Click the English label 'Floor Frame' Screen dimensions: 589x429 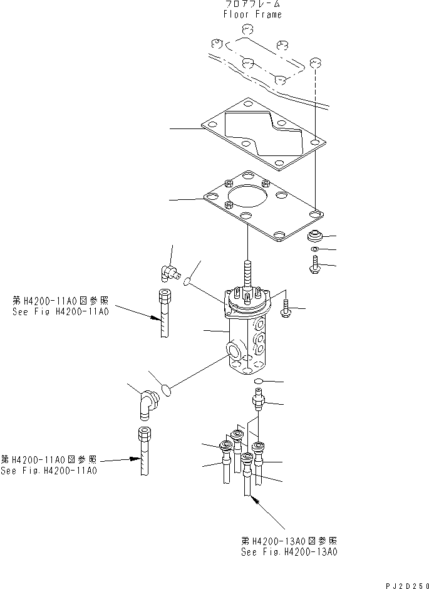[252, 14]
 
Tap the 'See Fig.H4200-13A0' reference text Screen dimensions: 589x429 [289, 552]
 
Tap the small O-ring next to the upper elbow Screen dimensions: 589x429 [188, 284]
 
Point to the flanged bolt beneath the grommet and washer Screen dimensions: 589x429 [313, 266]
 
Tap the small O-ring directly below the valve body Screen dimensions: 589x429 [259, 381]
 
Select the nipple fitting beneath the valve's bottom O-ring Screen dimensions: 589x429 [257, 399]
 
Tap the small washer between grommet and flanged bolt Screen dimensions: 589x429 [313, 250]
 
